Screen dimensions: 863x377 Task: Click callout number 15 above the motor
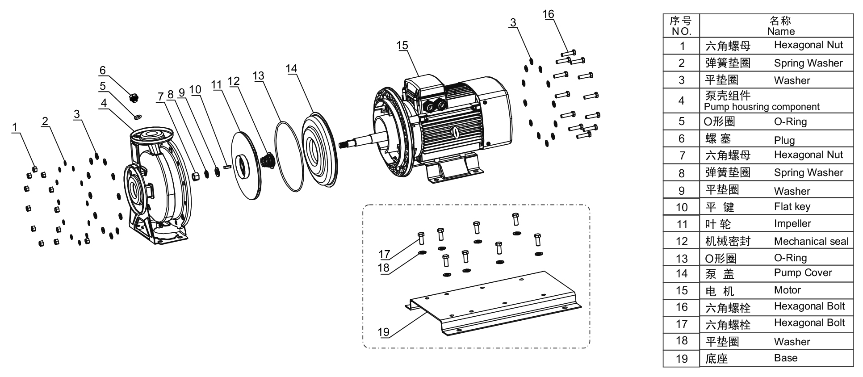pos(402,46)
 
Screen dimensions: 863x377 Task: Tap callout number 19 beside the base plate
pos(383,332)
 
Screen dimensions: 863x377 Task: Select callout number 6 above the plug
pos(103,70)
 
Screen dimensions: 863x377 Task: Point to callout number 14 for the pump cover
pos(291,69)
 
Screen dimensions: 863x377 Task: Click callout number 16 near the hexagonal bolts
pos(548,14)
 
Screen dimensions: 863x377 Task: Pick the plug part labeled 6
pos(133,96)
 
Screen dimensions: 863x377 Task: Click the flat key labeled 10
pos(227,167)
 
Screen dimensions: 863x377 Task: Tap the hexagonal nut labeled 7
pos(195,175)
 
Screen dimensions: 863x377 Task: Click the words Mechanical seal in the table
pos(811,241)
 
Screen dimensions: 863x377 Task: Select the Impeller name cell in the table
pos(792,223)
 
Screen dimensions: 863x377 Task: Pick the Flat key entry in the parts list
pos(792,206)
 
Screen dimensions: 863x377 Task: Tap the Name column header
pos(781,26)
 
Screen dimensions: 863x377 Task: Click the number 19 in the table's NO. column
pos(682,359)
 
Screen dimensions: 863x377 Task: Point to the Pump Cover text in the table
pos(803,272)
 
